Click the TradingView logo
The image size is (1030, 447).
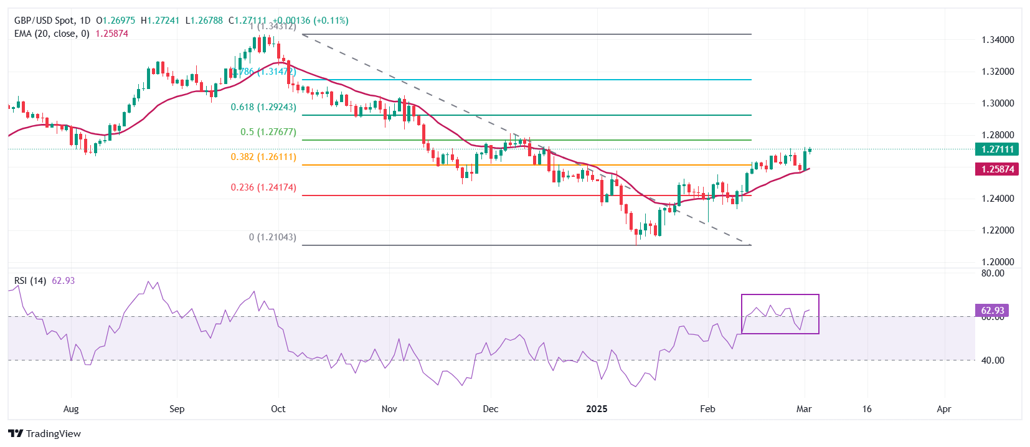point(45,434)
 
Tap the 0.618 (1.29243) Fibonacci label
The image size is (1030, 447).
point(263,107)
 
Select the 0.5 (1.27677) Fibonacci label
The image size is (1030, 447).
point(268,132)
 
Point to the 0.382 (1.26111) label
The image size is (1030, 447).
point(263,157)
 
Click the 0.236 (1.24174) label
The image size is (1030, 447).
point(263,187)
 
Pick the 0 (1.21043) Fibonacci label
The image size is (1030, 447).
point(272,237)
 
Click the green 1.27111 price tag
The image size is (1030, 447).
point(998,149)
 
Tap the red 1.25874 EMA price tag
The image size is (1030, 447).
point(998,169)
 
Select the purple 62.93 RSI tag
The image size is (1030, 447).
point(992,310)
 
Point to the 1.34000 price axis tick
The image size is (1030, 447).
point(998,40)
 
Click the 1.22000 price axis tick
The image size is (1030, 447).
point(998,230)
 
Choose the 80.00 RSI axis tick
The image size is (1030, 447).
point(993,273)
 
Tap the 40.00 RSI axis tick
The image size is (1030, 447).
point(993,360)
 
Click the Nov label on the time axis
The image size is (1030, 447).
point(389,409)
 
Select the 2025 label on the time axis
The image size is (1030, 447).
point(597,409)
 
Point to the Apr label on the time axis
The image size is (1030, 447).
point(944,409)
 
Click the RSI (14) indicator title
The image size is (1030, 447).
point(30,281)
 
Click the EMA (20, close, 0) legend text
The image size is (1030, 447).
point(52,34)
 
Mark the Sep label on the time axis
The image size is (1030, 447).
point(177,409)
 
